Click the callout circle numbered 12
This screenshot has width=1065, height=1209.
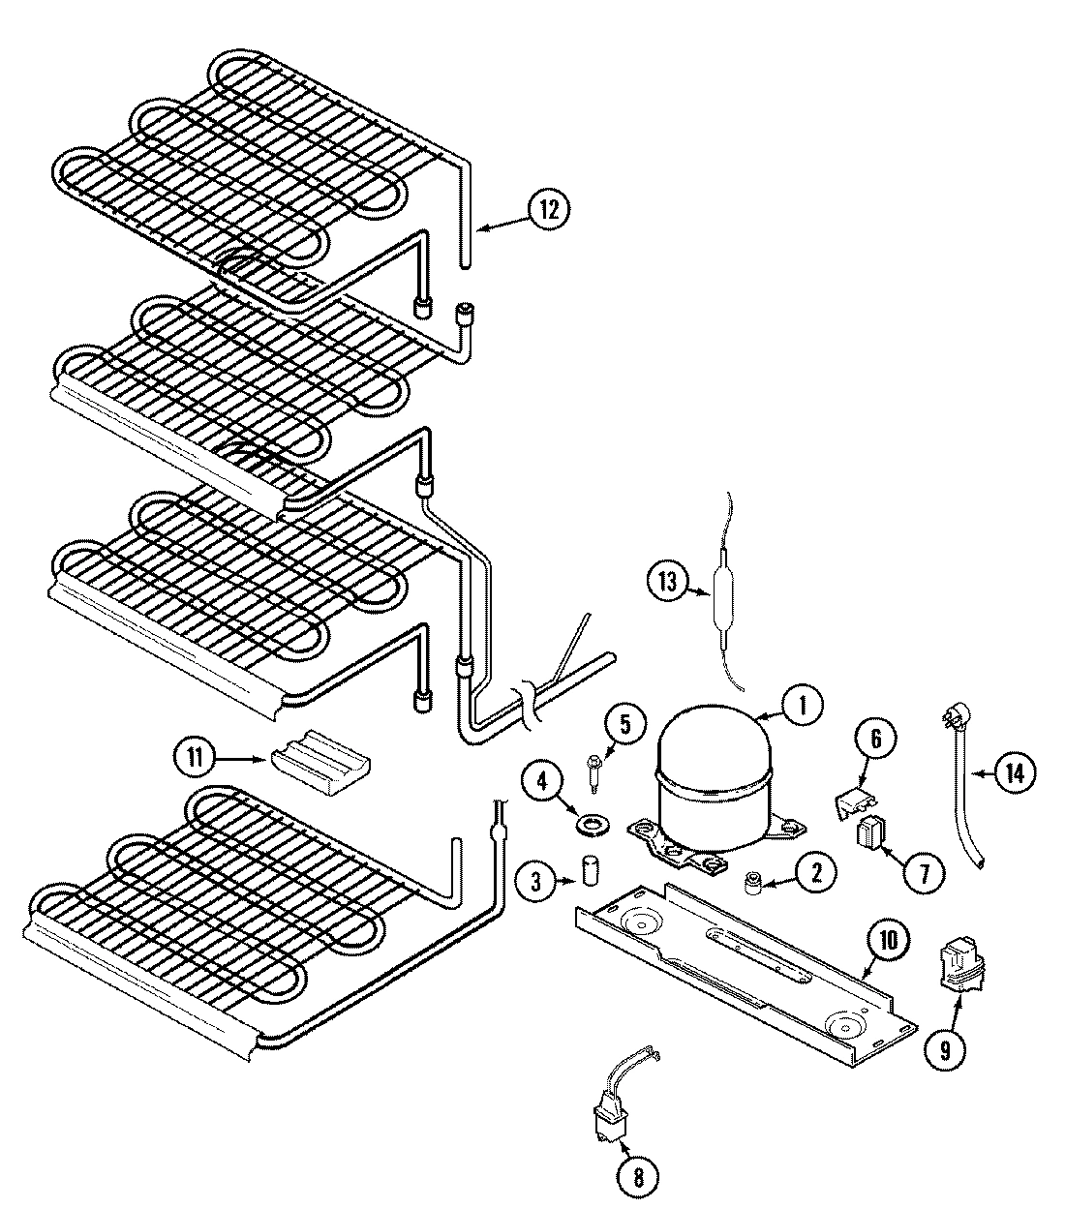(x=549, y=211)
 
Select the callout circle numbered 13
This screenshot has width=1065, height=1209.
(x=668, y=582)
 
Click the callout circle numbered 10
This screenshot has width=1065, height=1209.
(x=888, y=938)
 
